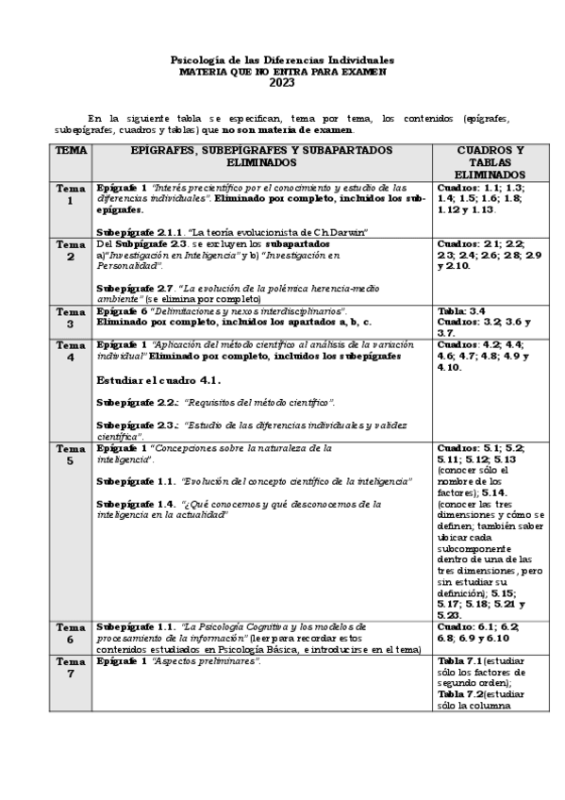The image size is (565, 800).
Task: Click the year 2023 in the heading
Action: [x=282, y=82]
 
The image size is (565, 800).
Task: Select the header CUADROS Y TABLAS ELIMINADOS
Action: [x=490, y=162]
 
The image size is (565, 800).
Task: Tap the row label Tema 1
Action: [x=70, y=194]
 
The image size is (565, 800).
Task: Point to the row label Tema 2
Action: [x=70, y=250]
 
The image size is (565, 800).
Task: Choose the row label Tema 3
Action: [x=70, y=317]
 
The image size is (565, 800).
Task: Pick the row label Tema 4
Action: [x=70, y=351]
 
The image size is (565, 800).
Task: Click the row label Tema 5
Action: [x=70, y=455]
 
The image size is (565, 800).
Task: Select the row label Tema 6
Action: [x=70, y=632]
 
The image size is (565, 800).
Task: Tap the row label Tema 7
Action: [x=70, y=667]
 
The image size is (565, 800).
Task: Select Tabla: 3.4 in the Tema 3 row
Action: [x=462, y=310]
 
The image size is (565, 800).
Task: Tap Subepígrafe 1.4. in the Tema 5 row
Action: [x=136, y=504]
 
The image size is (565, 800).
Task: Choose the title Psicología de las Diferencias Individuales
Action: [x=282, y=59]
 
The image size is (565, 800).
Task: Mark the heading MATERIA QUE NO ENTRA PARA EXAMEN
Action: [x=282, y=71]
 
